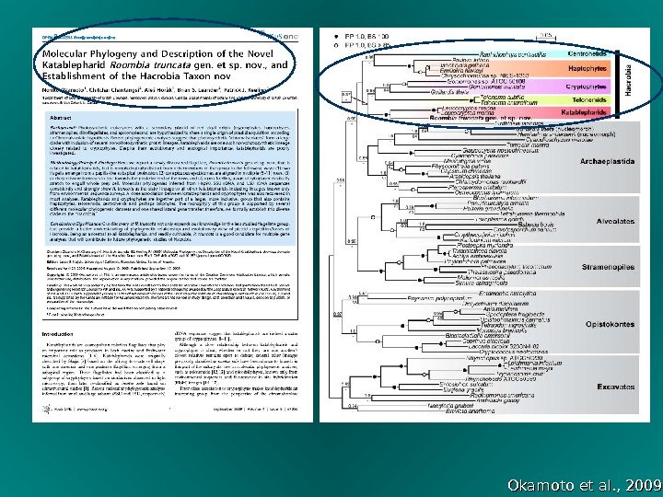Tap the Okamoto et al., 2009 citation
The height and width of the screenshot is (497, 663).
point(584,484)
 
